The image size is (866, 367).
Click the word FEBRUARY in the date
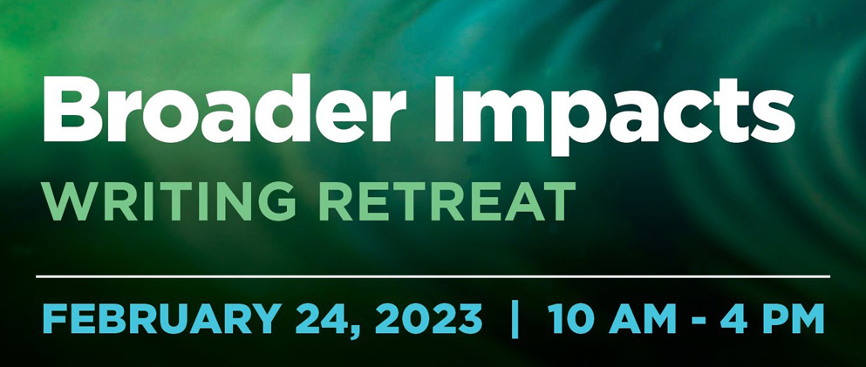[158, 318]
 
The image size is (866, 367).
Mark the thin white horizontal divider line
[433, 276]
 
